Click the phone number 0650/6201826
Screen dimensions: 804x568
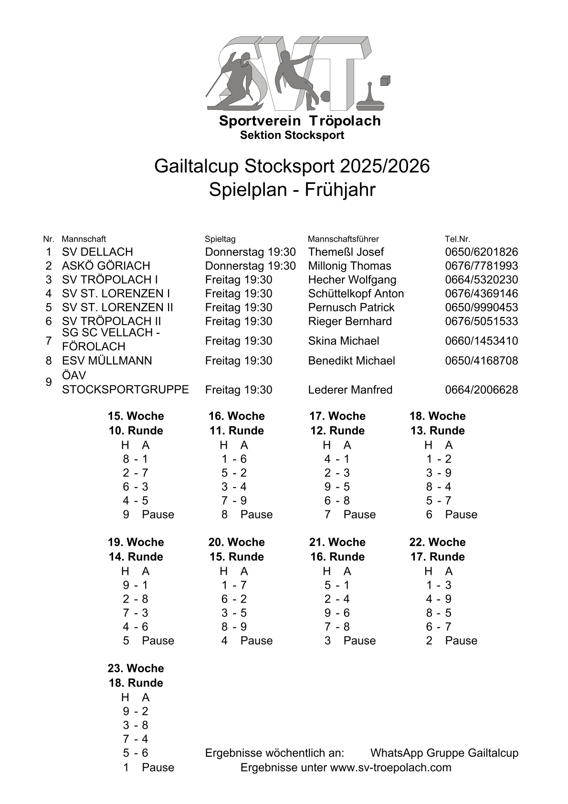(x=481, y=252)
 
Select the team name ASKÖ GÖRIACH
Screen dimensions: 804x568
(x=106, y=266)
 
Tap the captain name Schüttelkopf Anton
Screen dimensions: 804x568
(x=356, y=294)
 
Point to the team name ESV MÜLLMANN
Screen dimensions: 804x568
(x=107, y=361)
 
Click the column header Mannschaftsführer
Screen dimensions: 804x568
(x=343, y=239)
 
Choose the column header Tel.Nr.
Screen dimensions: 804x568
(x=457, y=239)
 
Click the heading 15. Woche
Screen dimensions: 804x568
(x=136, y=416)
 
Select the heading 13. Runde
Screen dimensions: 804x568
(x=437, y=431)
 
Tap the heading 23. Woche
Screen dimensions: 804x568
(x=136, y=668)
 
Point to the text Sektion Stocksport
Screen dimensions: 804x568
(x=292, y=136)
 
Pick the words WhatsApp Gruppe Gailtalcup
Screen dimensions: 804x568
(x=444, y=753)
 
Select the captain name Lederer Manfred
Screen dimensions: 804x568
(x=350, y=390)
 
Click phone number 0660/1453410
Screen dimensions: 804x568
(x=481, y=341)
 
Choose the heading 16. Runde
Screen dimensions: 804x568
(x=337, y=557)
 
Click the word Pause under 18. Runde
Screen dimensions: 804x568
(x=158, y=768)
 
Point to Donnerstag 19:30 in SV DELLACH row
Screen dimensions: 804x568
(x=250, y=252)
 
